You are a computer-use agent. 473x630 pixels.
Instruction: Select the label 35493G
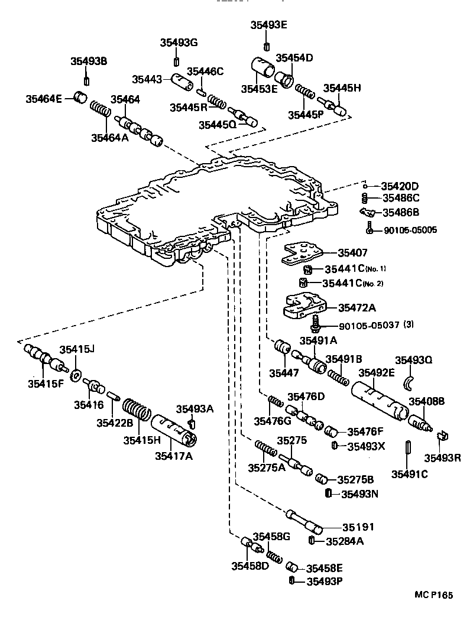(179, 42)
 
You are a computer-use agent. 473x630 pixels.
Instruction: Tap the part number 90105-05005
(410, 229)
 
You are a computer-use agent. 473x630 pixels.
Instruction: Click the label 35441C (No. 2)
(354, 283)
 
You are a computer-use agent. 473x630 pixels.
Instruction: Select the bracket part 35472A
(304, 306)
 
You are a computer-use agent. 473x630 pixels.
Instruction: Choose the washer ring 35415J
(76, 375)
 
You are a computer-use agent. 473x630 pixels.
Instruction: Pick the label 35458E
(325, 568)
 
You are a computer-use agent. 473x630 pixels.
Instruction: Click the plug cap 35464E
(80, 97)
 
